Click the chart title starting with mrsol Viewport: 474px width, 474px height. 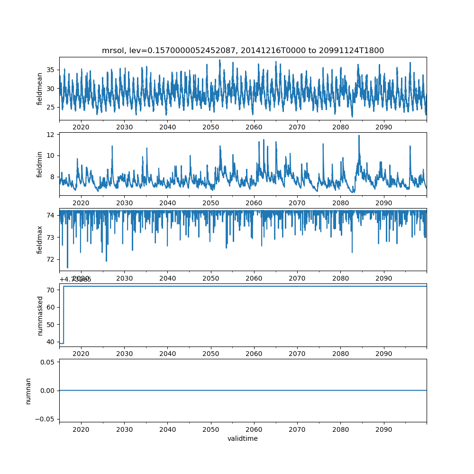[243, 50]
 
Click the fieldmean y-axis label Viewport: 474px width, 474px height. [40, 89]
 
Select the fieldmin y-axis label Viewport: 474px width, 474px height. [40, 164]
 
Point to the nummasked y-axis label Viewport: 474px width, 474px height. [40, 315]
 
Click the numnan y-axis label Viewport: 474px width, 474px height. [28, 391]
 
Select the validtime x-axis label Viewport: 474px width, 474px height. [243, 439]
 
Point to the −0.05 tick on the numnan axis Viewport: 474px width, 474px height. [46, 419]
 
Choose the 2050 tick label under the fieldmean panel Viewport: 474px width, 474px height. [210, 127]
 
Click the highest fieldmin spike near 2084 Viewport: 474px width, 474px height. [359, 136]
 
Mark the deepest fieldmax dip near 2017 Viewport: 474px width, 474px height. [67, 267]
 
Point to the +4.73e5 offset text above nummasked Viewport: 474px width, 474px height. [75, 279]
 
